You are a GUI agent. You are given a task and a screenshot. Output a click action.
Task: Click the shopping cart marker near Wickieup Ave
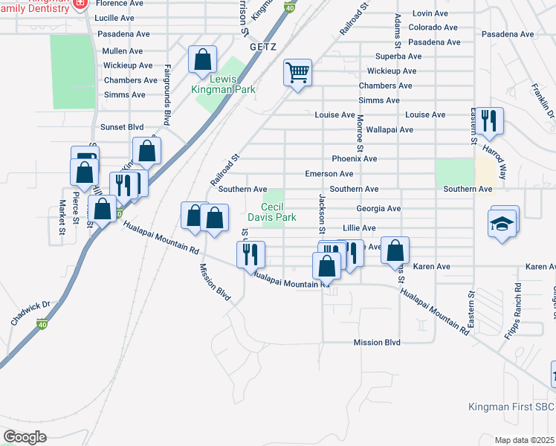click(x=297, y=73)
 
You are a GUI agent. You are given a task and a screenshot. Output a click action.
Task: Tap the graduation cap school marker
click(x=502, y=223)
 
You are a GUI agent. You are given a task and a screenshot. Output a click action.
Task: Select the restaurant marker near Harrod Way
click(x=488, y=121)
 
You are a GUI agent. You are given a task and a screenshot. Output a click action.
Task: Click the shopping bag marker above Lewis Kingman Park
click(x=202, y=59)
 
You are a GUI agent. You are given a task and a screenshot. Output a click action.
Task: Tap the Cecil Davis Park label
click(x=279, y=212)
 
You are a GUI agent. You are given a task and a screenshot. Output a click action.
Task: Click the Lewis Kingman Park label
click(x=223, y=85)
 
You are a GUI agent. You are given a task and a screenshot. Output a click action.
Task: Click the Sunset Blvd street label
click(x=122, y=127)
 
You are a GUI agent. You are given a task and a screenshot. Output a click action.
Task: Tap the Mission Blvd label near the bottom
click(x=377, y=343)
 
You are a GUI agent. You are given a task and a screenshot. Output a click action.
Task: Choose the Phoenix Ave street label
click(x=355, y=159)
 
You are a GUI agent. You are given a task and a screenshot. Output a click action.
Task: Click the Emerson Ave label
click(x=329, y=174)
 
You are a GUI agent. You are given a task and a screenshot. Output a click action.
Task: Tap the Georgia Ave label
click(x=378, y=210)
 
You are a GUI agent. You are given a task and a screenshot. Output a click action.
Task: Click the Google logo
click(x=25, y=437)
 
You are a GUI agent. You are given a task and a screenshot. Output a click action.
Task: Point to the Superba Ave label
click(x=398, y=56)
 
